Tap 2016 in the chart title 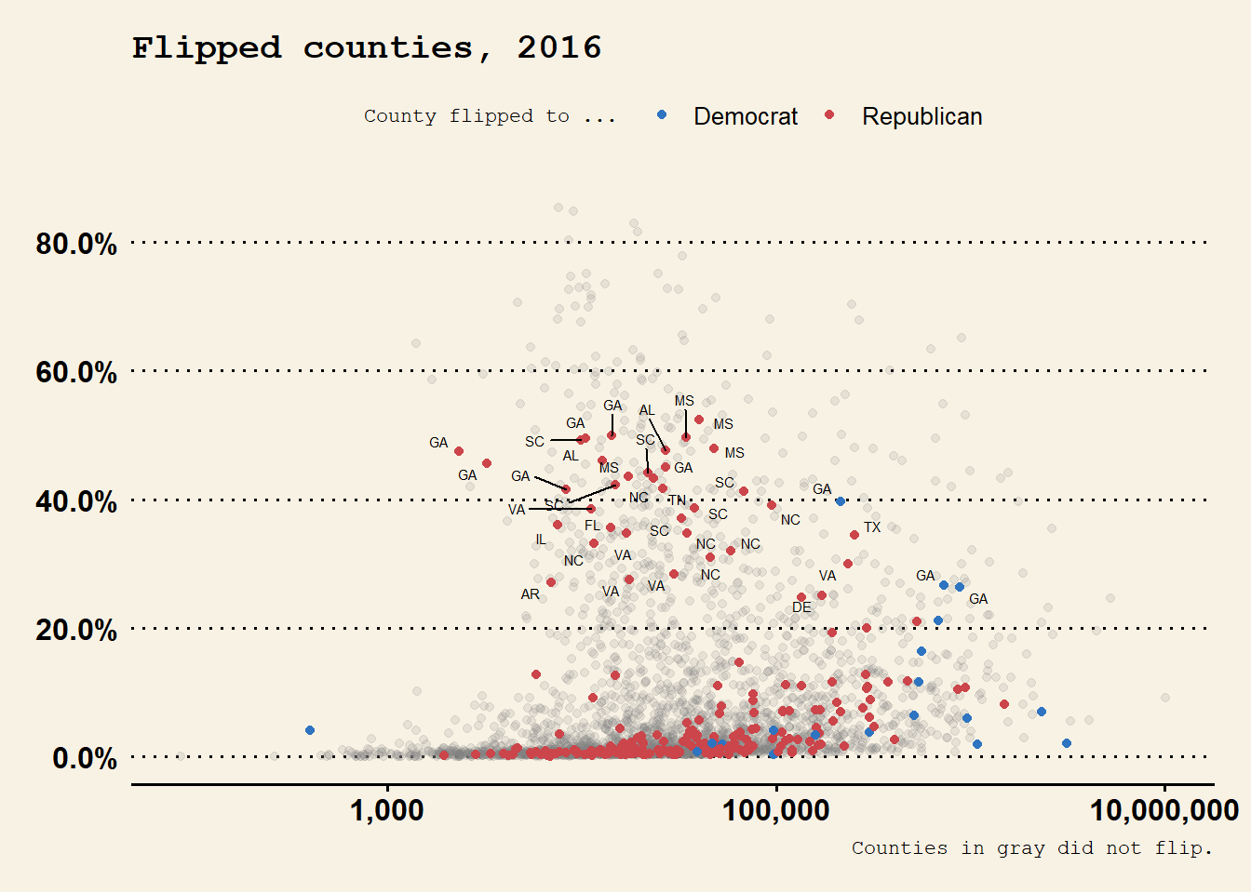(559, 47)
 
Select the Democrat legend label (746, 116)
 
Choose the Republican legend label (921, 116)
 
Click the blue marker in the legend (662, 114)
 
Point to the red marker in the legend (829, 114)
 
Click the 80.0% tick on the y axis (76, 244)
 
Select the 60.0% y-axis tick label (76, 372)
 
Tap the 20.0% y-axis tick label (76, 630)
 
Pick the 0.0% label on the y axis (85, 758)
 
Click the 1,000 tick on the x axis (386, 810)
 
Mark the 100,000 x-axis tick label (775, 810)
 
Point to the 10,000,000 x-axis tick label (1164, 810)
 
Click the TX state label (872, 527)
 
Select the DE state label (801, 607)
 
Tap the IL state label (541, 540)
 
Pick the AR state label (530, 594)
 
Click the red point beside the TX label (854, 535)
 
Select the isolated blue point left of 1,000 (310, 730)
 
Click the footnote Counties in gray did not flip (1032, 848)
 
